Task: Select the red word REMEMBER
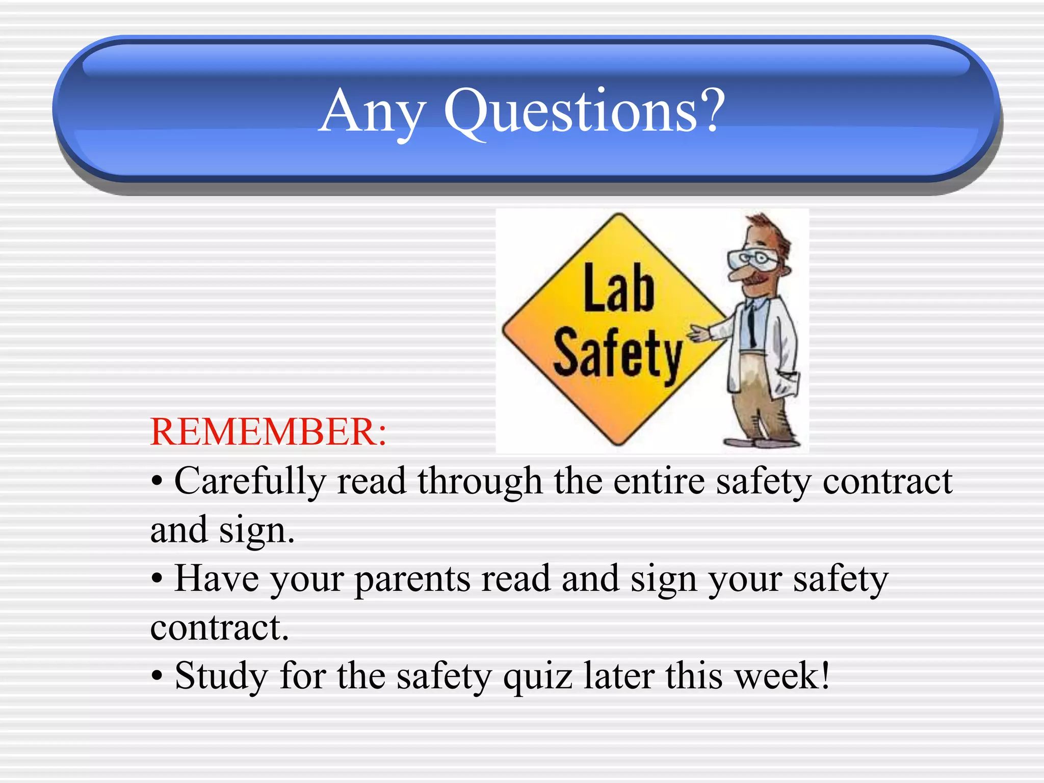coord(268,432)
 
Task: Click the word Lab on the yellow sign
coord(618,289)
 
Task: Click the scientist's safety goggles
coord(752,258)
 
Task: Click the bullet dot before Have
coord(158,579)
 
